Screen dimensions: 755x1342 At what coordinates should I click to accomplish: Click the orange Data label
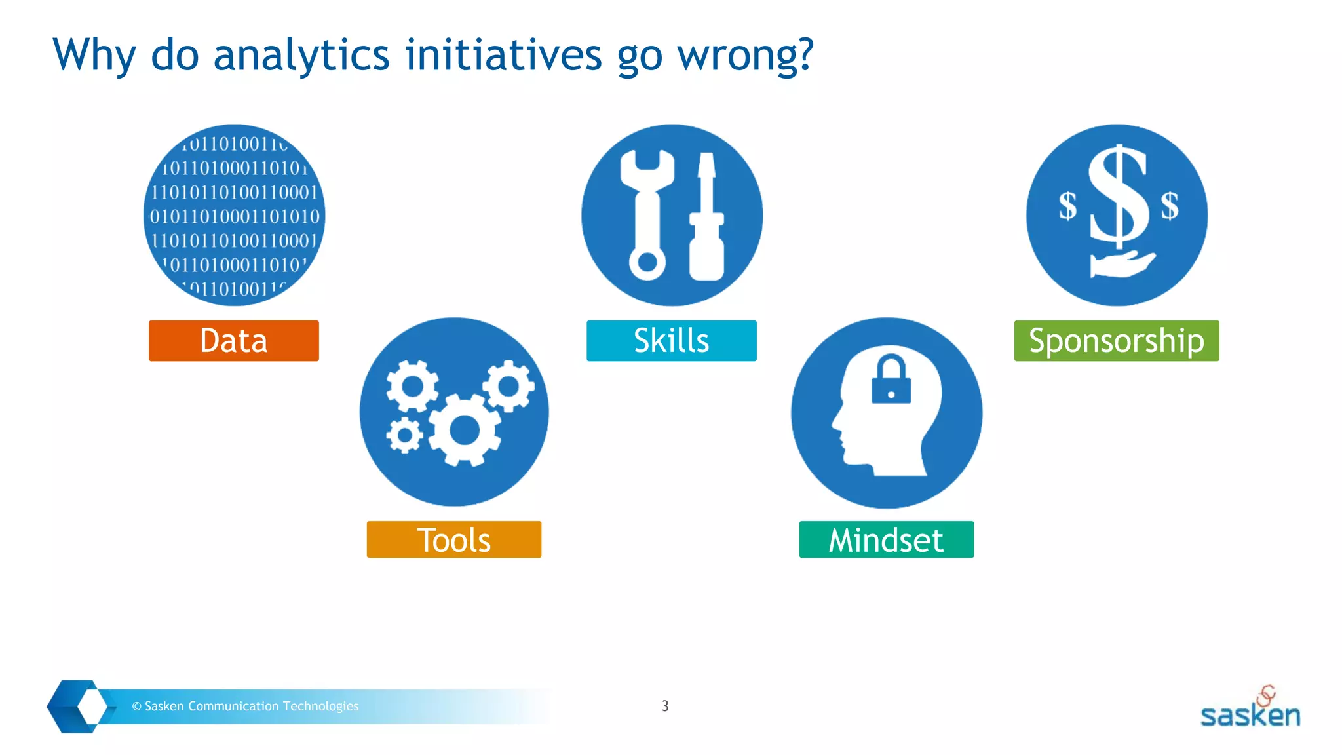pos(234,341)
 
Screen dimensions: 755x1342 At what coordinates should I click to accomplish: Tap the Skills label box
pos(671,341)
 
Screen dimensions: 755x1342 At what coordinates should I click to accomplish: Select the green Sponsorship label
pos(1116,341)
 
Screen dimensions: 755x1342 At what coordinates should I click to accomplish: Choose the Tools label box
pos(453,539)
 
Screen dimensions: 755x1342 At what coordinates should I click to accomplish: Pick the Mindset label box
pos(886,539)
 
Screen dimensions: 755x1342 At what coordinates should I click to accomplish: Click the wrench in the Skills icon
pos(647,216)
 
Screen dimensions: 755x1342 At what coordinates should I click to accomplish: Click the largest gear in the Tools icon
pos(465,431)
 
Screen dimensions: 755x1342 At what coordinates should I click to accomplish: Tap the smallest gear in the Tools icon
pos(404,435)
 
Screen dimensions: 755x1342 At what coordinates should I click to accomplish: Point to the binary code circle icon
pos(234,215)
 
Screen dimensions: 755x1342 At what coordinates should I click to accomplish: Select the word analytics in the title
pos(301,55)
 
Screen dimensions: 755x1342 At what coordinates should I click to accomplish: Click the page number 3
pos(665,706)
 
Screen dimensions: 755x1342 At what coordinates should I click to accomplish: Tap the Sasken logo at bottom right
pos(1250,709)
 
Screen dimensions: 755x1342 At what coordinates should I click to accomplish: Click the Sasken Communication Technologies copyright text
pos(245,706)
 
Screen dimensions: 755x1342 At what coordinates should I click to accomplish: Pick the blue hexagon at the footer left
pos(77,706)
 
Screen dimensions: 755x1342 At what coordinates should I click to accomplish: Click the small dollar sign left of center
pos(1068,206)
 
